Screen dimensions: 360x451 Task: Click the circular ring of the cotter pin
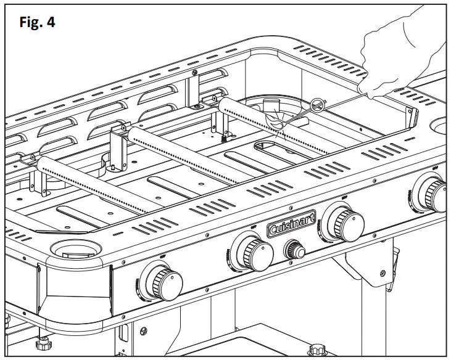point(318,105)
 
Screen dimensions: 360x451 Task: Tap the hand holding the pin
point(401,55)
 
